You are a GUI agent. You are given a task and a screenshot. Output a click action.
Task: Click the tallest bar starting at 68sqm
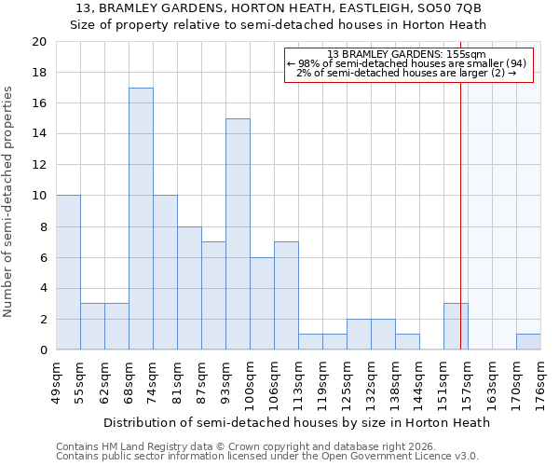(141, 219)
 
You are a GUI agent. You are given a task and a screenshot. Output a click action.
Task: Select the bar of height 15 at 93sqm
(238, 234)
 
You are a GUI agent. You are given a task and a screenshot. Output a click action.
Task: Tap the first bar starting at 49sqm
(68, 272)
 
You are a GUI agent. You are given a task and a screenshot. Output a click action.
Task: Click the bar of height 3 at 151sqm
(456, 326)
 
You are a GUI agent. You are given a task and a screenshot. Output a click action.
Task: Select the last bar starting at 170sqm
(528, 341)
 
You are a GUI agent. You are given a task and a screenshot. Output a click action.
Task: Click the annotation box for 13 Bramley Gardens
(408, 64)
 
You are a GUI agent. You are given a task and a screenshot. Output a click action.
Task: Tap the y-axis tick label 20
(38, 42)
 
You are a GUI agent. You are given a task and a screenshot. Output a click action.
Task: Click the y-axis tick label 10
(38, 196)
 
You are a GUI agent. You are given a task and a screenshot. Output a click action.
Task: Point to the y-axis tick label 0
(42, 349)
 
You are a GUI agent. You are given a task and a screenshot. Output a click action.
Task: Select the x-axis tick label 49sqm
(56, 379)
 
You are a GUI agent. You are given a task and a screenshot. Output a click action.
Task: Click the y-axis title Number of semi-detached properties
(9, 201)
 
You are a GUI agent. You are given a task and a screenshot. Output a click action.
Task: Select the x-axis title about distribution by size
(296, 422)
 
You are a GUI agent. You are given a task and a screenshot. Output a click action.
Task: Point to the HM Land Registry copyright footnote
(239, 446)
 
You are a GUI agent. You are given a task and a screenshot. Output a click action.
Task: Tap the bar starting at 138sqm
(407, 341)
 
